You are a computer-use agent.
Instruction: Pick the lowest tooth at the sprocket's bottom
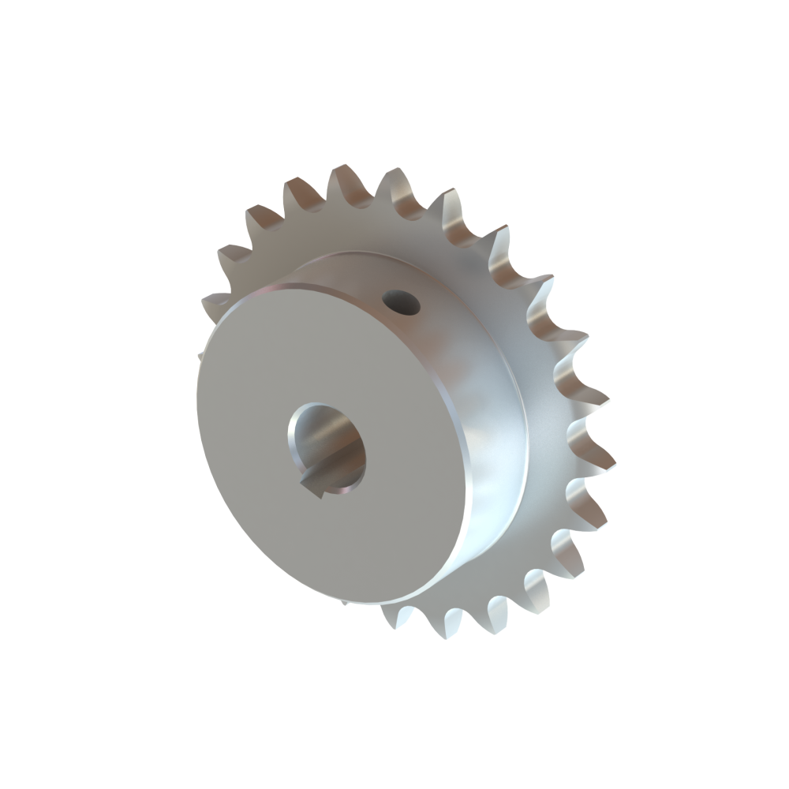[x=402, y=619]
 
